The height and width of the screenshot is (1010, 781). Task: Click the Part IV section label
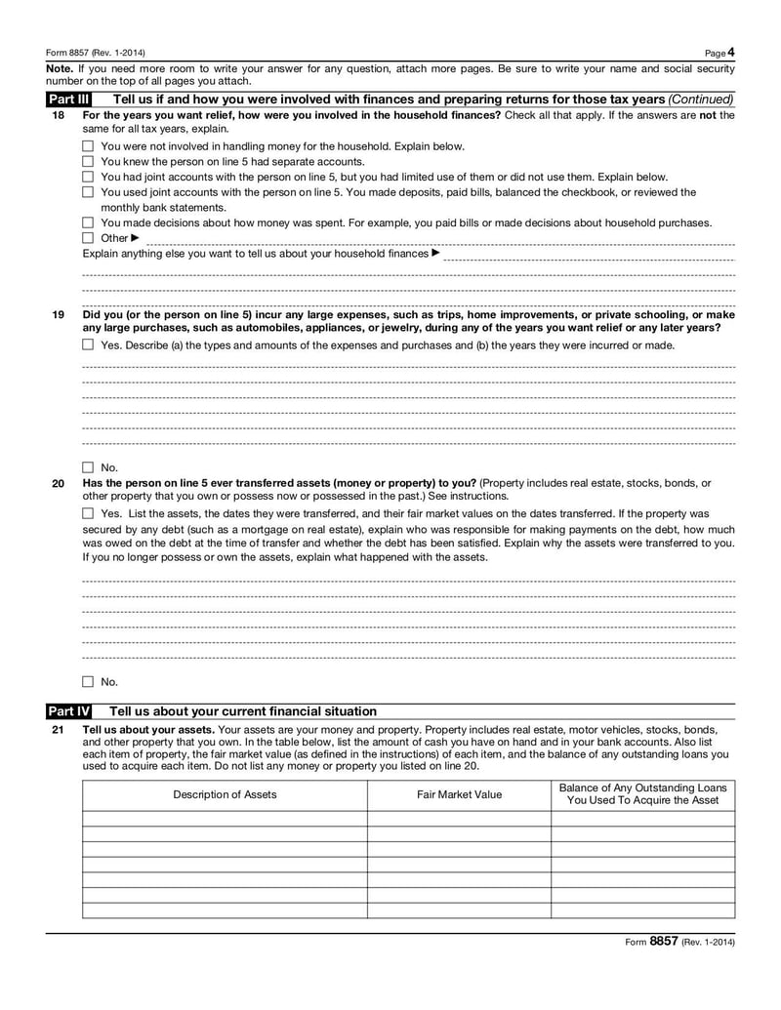click(x=68, y=710)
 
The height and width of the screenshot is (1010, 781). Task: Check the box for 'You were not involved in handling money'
click(x=88, y=146)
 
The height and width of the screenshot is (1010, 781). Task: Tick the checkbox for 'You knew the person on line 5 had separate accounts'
click(x=88, y=162)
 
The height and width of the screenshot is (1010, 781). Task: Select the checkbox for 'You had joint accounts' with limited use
click(x=88, y=178)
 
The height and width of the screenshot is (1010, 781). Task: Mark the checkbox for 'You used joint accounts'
click(x=88, y=193)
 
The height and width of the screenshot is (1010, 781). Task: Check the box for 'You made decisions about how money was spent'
click(x=88, y=222)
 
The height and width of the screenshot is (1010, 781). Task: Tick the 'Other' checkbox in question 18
click(x=88, y=238)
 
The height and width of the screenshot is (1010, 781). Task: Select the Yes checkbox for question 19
click(x=88, y=344)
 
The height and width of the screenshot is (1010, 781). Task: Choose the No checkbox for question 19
click(x=88, y=467)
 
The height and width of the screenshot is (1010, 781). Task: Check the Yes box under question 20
click(x=88, y=513)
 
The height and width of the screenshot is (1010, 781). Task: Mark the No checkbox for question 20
click(x=88, y=682)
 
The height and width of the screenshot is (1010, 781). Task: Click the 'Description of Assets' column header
click(x=225, y=794)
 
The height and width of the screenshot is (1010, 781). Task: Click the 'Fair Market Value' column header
click(x=459, y=794)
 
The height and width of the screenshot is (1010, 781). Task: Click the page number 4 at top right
click(x=730, y=52)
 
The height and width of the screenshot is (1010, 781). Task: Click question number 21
click(x=58, y=729)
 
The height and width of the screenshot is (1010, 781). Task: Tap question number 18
click(x=58, y=115)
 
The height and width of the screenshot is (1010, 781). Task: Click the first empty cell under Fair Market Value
click(x=459, y=819)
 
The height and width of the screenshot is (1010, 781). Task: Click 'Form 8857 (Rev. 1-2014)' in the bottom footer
click(x=679, y=943)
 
